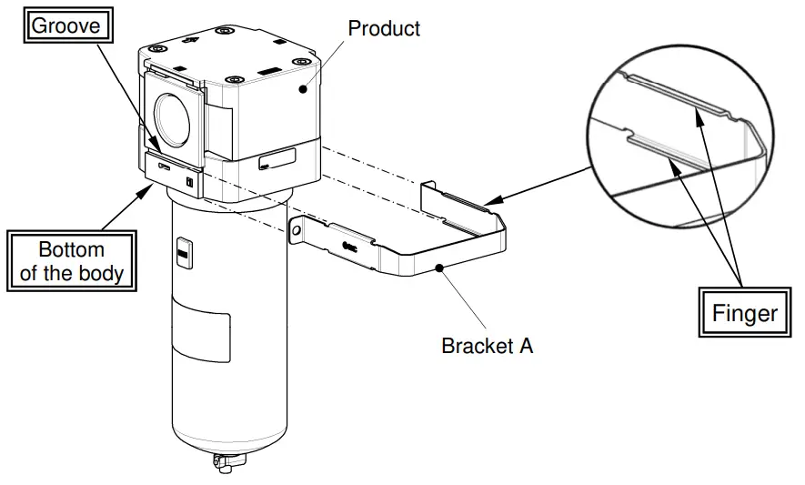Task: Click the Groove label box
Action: click(x=65, y=25)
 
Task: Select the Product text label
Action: click(x=384, y=28)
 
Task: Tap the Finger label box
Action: click(x=745, y=314)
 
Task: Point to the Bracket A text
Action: click(x=487, y=346)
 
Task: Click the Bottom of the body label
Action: click(x=72, y=261)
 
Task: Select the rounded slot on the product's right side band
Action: click(x=277, y=161)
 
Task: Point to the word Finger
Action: click(x=745, y=314)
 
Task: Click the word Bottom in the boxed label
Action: click(x=71, y=249)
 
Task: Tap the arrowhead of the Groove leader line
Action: click(x=161, y=151)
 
